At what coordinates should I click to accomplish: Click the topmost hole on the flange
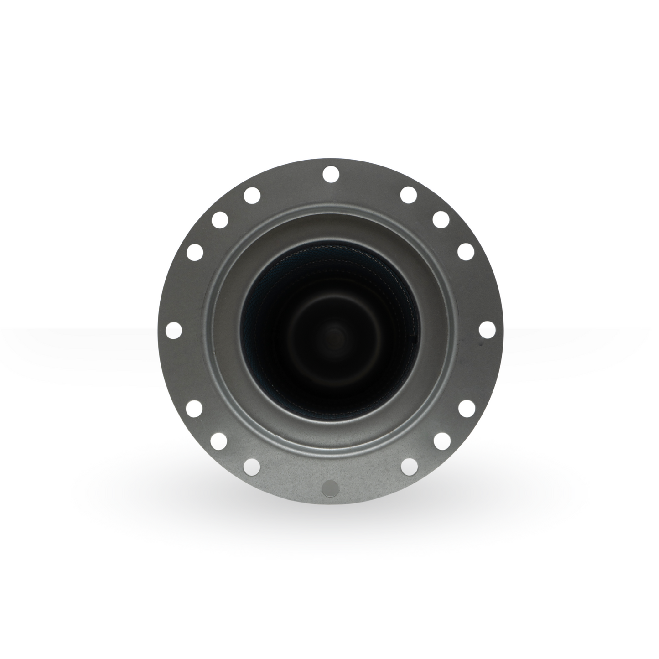click(330, 174)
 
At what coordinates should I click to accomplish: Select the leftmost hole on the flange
click(173, 330)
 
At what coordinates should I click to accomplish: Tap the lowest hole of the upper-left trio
click(195, 251)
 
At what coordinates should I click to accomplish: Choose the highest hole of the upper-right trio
click(408, 195)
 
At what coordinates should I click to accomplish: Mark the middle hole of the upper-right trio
click(441, 219)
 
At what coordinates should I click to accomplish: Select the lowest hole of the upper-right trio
click(465, 251)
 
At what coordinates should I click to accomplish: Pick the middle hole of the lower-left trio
click(219, 441)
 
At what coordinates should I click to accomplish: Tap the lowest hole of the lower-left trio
click(252, 465)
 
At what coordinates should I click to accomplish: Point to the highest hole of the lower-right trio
click(465, 408)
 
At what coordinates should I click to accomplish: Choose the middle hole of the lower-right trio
click(441, 441)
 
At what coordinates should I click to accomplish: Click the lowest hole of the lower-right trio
click(409, 465)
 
